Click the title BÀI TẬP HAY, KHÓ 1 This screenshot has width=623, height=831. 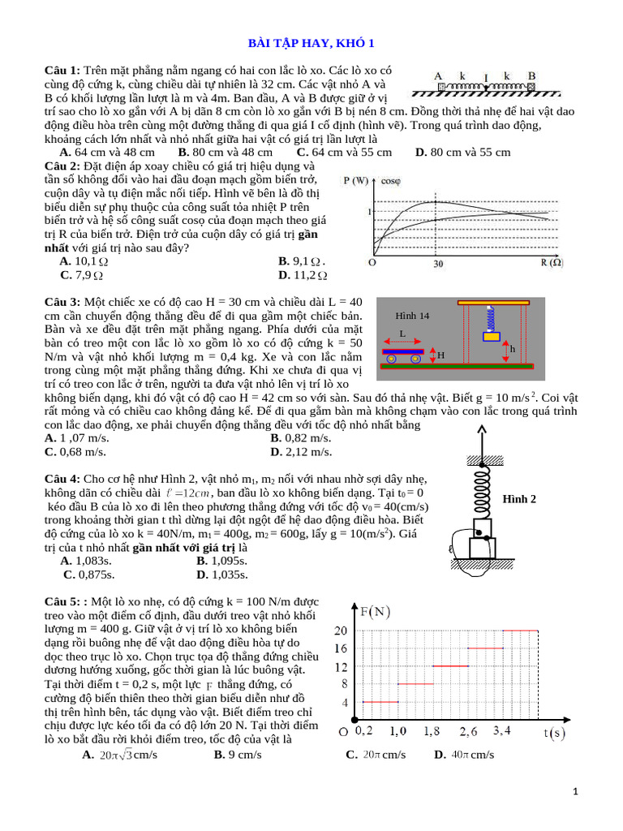(x=311, y=43)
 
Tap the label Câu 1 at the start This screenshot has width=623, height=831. (x=62, y=71)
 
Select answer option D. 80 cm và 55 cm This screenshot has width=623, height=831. (x=462, y=152)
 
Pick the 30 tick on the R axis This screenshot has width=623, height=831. (x=437, y=263)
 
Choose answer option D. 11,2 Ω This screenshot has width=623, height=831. (x=302, y=275)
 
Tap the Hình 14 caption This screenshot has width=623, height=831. (x=412, y=315)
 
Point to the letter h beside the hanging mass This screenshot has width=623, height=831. (x=512, y=348)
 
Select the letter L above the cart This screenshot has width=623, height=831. (x=402, y=333)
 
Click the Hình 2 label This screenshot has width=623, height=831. (x=520, y=498)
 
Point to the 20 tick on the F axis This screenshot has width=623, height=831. (x=340, y=631)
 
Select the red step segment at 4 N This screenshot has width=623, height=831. (x=380, y=701)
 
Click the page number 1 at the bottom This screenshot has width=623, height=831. (x=574, y=791)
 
